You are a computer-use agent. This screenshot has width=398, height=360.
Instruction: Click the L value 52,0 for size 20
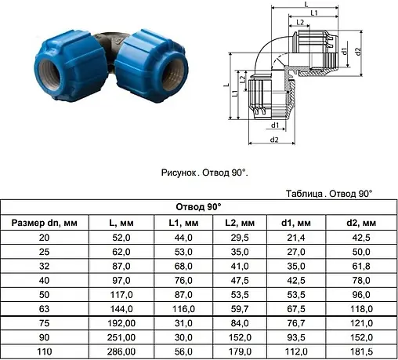click(x=121, y=238)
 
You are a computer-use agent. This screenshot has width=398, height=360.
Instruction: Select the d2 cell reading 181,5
click(x=361, y=351)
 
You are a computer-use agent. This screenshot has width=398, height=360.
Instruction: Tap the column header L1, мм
click(x=183, y=223)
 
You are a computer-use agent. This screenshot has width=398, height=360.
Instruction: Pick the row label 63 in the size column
click(x=44, y=309)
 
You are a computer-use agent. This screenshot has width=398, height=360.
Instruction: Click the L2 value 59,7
click(x=240, y=309)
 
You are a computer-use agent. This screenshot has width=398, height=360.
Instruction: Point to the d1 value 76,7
click(x=296, y=323)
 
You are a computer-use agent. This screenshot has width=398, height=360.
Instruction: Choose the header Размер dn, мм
click(x=45, y=223)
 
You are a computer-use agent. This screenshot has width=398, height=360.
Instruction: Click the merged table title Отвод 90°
click(x=198, y=207)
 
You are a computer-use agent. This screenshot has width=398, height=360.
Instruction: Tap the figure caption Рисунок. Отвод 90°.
click(x=204, y=173)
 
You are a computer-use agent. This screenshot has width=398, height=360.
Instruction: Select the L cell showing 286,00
click(x=121, y=351)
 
